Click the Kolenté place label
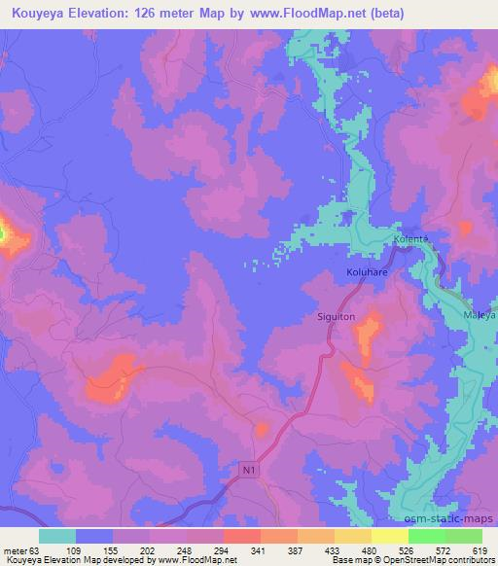pyautogui.click(x=411, y=238)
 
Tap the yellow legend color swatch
pyautogui.click(x=390, y=536)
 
